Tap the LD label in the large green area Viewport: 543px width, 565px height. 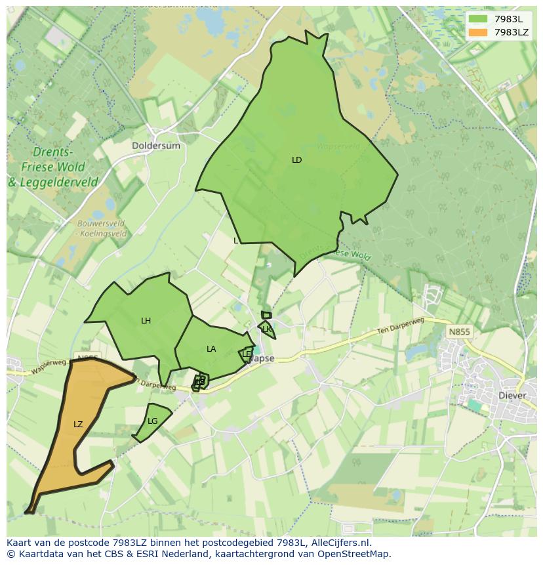(x=297, y=160)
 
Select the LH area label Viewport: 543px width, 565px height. (x=146, y=321)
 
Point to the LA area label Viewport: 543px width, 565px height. (x=211, y=349)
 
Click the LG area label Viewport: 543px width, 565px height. (x=153, y=421)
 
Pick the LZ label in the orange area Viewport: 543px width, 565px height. (x=78, y=425)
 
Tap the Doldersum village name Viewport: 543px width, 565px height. (x=156, y=146)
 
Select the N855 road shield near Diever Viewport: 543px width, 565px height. (x=459, y=332)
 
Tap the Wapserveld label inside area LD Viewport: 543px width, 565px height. (x=338, y=146)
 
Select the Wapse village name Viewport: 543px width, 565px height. (x=263, y=359)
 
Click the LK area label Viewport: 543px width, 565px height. (x=267, y=329)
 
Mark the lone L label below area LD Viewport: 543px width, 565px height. (x=236, y=241)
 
